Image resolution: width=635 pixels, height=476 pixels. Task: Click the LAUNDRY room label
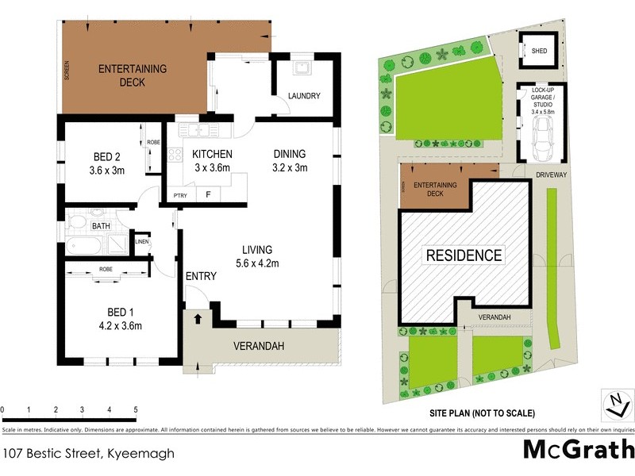[305, 96]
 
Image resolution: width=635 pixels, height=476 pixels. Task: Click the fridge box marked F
[208, 194]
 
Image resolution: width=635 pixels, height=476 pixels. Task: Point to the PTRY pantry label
[180, 194]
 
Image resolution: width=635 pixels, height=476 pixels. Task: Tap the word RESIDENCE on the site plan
[464, 255]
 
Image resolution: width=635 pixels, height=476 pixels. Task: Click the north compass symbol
[614, 404]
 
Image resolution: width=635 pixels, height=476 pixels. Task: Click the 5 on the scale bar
[136, 410]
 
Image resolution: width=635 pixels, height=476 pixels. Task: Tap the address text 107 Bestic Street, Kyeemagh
[88, 454]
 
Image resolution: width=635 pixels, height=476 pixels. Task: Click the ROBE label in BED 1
[106, 269]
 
